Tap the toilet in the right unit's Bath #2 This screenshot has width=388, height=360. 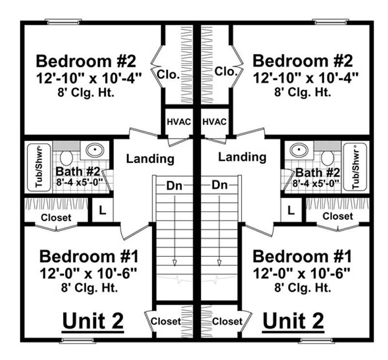coord(327,157)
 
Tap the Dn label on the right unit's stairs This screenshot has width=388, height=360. coord(220,185)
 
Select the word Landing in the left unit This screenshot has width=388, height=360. coord(150,158)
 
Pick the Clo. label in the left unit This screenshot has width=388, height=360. coord(168,75)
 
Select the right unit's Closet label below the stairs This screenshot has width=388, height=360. coord(227,321)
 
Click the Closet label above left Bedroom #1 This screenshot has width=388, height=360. coord(56,218)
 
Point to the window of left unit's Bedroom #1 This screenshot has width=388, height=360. coord(77,341)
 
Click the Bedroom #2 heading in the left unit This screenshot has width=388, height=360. coord(87,62)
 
